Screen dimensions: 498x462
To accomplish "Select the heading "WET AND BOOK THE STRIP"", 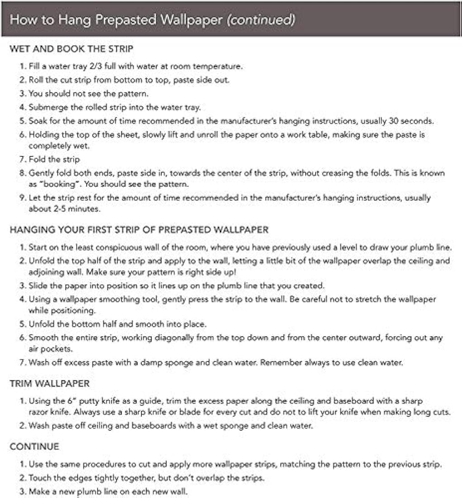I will pos(71,49).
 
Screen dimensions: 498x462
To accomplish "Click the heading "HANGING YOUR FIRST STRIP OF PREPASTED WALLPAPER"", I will pos(139,230).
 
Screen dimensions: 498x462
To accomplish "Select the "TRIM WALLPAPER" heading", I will pos(50,383).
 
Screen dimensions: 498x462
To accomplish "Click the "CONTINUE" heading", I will pos(34,447).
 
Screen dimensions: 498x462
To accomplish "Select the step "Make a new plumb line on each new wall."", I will pos(107,491).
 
